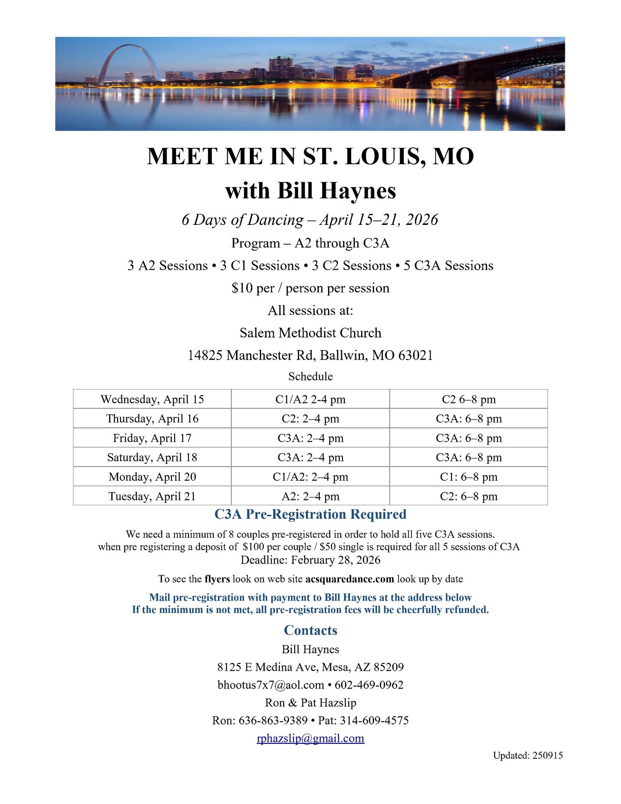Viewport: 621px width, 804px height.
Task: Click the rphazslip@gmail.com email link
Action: click(310, 738)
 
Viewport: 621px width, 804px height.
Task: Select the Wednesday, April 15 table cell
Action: click(152, 399)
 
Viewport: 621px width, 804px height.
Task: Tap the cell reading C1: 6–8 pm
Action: click(468, 477)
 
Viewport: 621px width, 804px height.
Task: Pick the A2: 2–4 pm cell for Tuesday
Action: click(310, 496)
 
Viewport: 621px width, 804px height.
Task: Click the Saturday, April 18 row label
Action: click(152, 457)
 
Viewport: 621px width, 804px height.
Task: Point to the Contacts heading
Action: click(310, 630)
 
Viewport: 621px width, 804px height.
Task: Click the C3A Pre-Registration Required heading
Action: click(310, 514)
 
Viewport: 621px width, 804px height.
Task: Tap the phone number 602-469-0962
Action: click(369, 685)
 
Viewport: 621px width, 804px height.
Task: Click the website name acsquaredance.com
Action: click(349, 579)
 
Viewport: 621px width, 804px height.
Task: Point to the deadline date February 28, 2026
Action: click(336, 560)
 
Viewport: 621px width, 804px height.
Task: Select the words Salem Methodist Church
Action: click(310, 332)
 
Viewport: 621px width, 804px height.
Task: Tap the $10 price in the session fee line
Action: click(242, 288)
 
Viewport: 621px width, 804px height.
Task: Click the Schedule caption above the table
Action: click(310, 376)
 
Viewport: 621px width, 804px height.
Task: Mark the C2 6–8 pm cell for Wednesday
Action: click(468, 399)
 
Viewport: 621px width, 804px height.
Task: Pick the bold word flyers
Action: click(217, 579)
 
